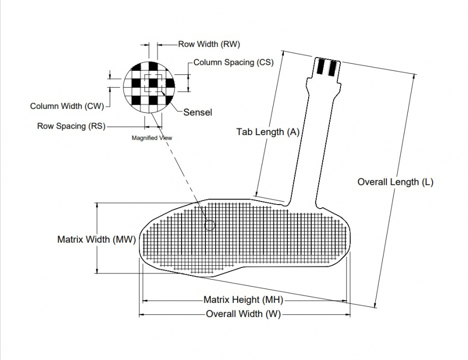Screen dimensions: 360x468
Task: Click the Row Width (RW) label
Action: click(205, 44)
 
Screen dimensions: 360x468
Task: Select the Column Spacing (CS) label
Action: click(233, 62)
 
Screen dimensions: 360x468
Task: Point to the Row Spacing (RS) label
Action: click(71, 126)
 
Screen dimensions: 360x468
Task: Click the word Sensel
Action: click(197, 112)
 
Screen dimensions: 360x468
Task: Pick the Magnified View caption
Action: click(152, 138)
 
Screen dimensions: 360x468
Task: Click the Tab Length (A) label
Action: click(268, 132)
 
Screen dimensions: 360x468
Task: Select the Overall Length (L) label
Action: click(395, 182)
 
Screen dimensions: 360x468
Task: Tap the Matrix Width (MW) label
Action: click(96, 239)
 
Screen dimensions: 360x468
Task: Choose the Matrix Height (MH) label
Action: click(243, 300)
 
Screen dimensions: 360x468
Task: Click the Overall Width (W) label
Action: click(243, 314)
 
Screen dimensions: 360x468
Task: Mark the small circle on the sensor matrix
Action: click(209, 225)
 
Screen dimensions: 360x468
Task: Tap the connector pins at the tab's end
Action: click(328, 67)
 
